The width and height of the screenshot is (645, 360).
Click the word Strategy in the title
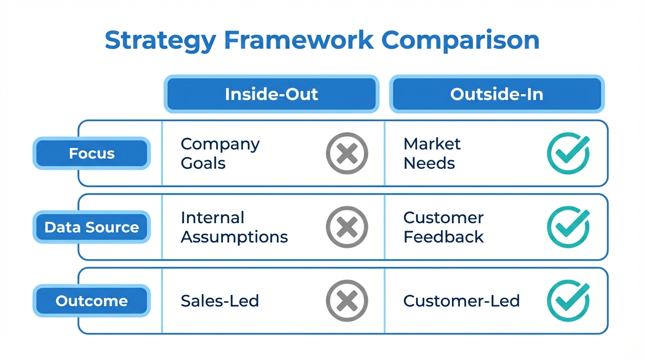click(x=160, y=41)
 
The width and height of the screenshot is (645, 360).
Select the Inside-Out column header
click(x=271, y=94)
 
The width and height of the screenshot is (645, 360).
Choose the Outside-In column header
click(x=496, y=94)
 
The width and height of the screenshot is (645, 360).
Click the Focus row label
click(x=91, y=153)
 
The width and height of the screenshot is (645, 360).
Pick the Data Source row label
click(x=91, y=227)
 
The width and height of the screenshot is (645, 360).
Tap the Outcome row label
click(x=91, y=301)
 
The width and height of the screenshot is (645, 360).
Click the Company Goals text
click(x=220, y=153)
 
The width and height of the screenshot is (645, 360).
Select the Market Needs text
click(x=432, y=153)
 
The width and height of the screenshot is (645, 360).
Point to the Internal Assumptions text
click(x=234, y=227)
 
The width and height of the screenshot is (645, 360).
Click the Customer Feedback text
click(x=443, y=227)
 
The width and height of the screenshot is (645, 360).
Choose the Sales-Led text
click(x=220, y=301)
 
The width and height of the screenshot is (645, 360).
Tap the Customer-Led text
click(x=461, y=301)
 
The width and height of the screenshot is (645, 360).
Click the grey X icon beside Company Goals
click(x=347, y=153)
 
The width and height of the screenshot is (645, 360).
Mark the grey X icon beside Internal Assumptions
click(x=347, y=227)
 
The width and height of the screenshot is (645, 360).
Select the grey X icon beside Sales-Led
click(x=347, y=301)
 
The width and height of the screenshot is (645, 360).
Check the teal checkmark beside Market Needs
click(x=568, y=153)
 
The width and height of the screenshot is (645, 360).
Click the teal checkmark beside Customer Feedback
click(x=568, y=227)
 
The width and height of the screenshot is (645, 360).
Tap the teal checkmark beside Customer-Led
click(x=568, y=301)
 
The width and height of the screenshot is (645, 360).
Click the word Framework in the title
click(x=299, y=41)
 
